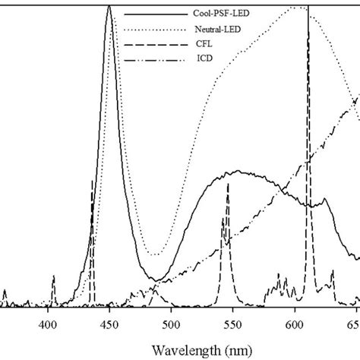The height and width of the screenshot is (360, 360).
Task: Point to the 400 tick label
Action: (48, 321)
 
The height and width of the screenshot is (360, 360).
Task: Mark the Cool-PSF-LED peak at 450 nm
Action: (110, 9)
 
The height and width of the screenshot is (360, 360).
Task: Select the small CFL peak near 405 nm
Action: (53, 278)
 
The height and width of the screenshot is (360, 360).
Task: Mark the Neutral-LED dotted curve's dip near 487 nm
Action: (155, 254)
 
